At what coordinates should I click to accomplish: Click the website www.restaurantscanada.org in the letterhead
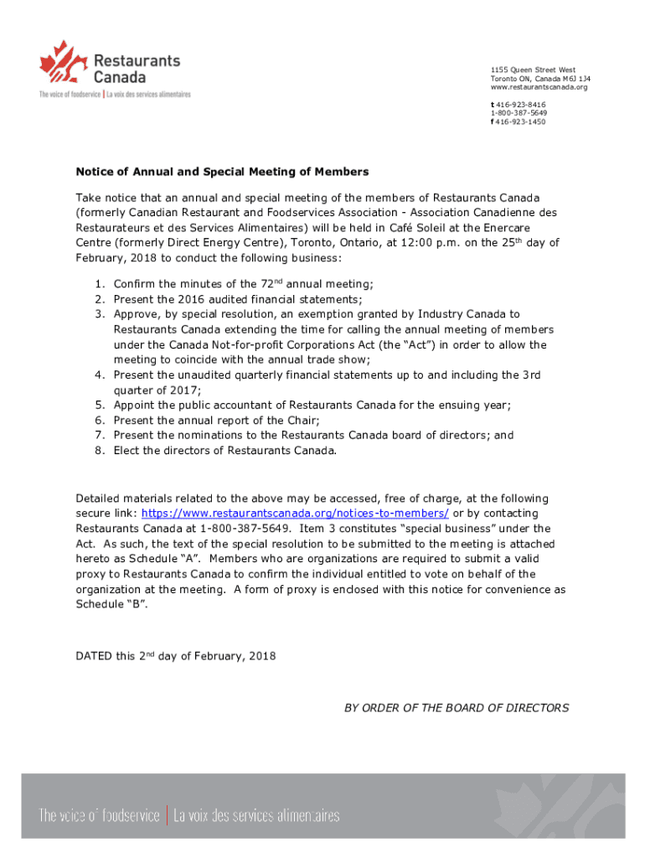pos(539,87)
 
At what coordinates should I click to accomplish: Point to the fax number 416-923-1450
pos(519,121)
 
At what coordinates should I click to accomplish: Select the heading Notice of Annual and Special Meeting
pos(222,172)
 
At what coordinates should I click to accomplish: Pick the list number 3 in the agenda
pos(100,314)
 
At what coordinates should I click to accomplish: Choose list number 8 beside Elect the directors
pos(100,450)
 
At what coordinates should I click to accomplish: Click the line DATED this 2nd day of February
pos(176,656)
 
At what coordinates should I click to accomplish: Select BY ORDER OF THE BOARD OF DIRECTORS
pos(457,708)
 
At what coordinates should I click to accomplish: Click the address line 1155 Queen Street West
pos(533,70)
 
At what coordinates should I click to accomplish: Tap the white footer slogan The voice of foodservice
pos(99,815)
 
